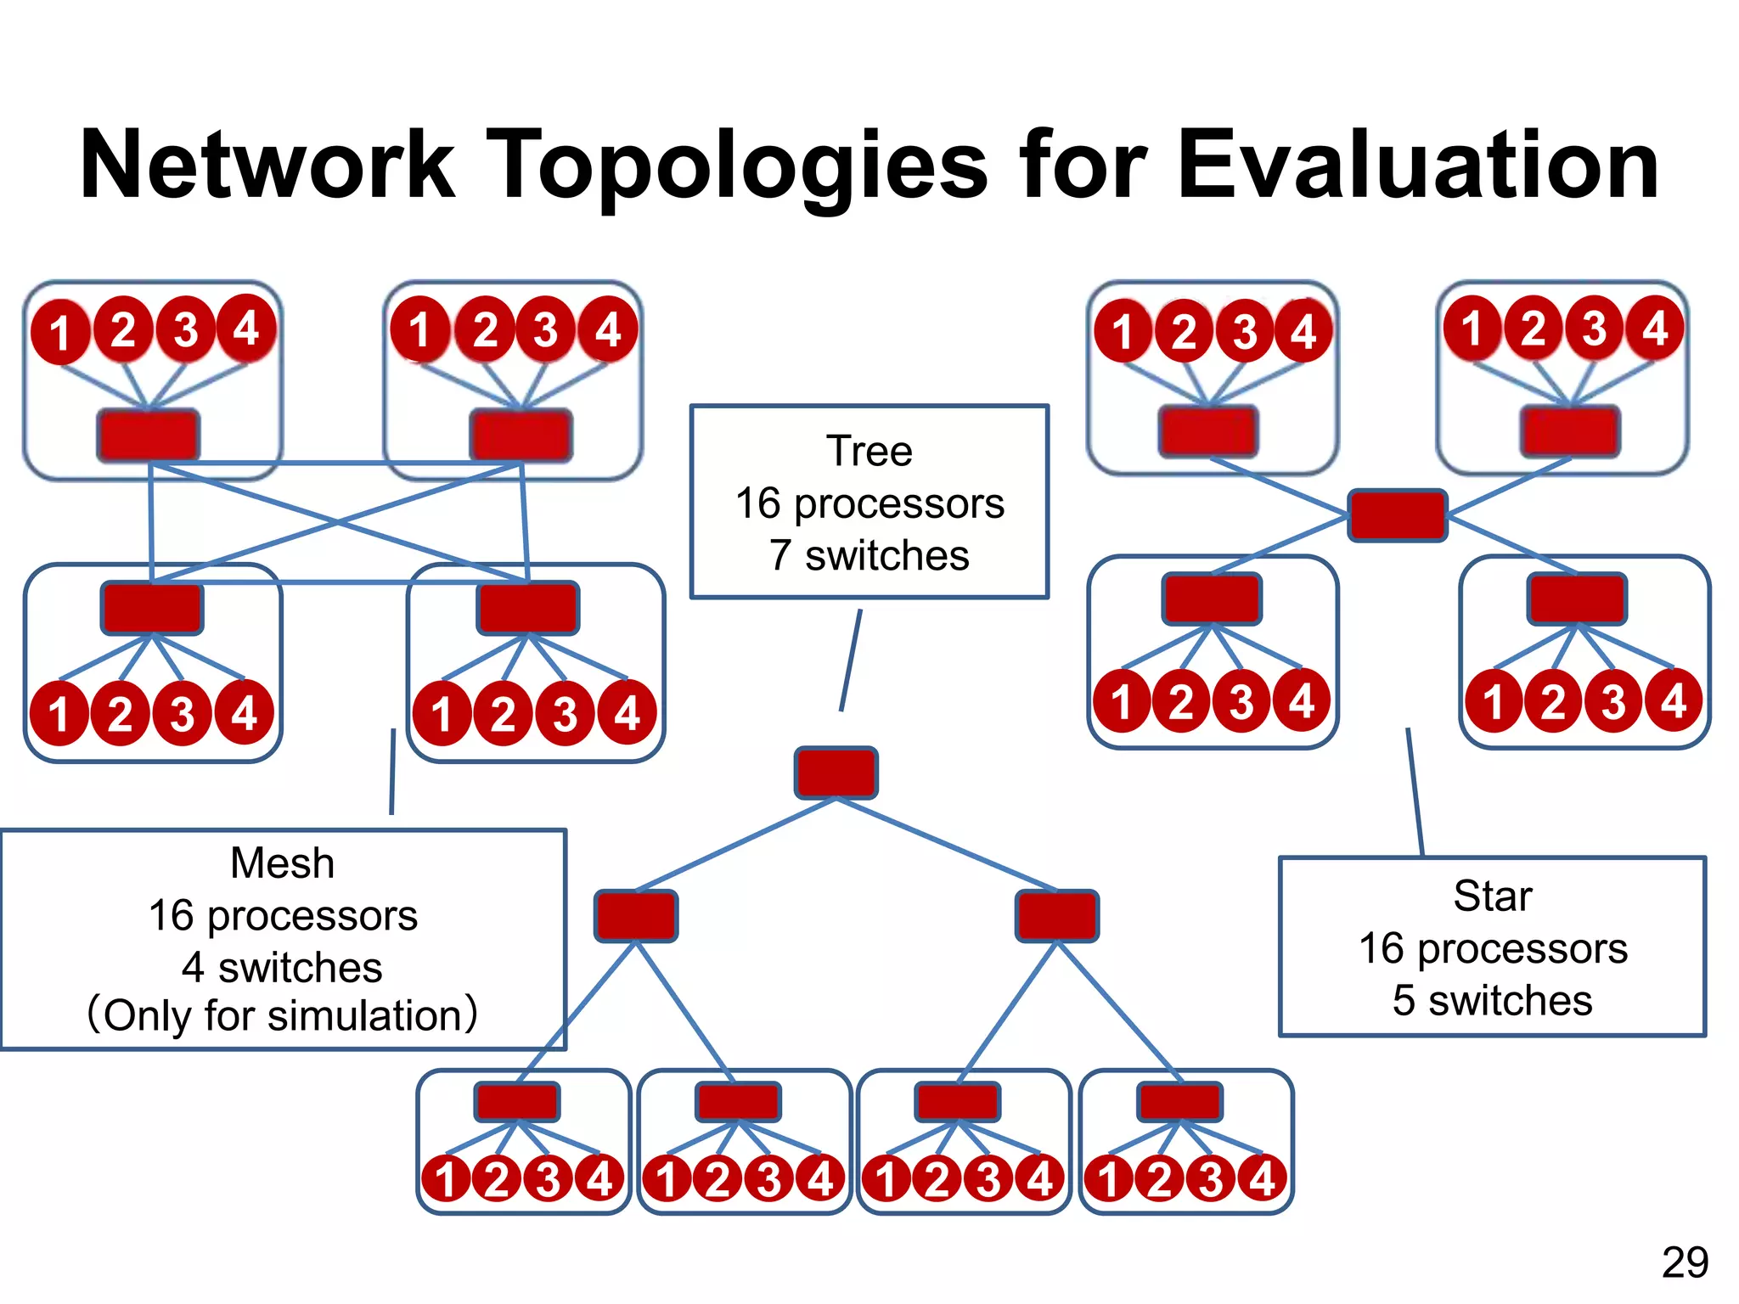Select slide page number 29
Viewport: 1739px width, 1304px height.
pos(1685,1262)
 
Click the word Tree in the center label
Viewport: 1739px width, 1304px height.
pos(869,451)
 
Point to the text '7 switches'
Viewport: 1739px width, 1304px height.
pos(869,556)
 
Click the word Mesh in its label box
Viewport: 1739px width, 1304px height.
pos(282,863)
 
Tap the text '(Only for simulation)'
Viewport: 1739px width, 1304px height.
pos(282,1015)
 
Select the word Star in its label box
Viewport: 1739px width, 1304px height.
pos(1492,896)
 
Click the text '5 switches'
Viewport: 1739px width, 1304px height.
pos(1492,1000)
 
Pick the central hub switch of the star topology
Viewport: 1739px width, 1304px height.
pos(1398,515)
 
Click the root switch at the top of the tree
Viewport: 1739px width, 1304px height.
pos(836,773)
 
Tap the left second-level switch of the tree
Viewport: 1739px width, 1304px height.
pos(636,916)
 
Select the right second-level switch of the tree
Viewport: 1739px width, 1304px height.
pos(1056,916)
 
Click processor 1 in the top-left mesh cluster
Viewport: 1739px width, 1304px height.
pos(59,332)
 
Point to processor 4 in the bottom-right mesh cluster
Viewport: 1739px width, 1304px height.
pos(627,713)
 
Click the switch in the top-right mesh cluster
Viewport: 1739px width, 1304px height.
pos(521,436)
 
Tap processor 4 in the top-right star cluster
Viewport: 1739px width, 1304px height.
pos(1654,328)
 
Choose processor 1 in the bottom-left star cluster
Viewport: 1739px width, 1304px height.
pos(1121,702)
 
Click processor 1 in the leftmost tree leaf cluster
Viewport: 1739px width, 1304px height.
pos(446,1178)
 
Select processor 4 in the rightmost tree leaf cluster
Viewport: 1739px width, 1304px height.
pos(1263,1178)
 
